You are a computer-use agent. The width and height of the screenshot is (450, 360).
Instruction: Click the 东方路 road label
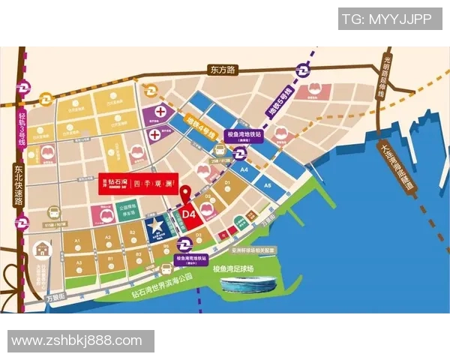223,70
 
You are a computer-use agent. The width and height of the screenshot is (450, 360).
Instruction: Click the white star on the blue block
156,224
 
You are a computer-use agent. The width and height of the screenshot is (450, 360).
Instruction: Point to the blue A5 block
266,184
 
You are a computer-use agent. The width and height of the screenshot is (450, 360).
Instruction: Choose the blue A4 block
244,171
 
